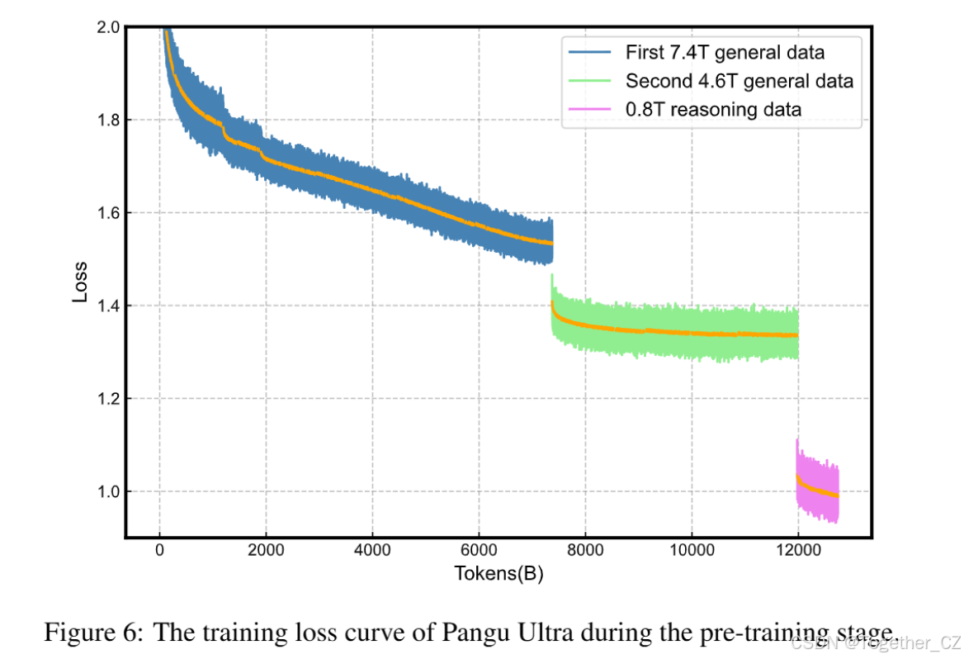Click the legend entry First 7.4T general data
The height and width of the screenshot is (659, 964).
tap(724, 53)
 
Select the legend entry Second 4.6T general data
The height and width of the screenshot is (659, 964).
tap(739, 81)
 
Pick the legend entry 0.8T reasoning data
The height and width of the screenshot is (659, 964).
tap(712, 109)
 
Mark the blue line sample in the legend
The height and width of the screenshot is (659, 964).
tap(589, 53)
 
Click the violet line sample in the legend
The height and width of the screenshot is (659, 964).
tap(589, 109)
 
